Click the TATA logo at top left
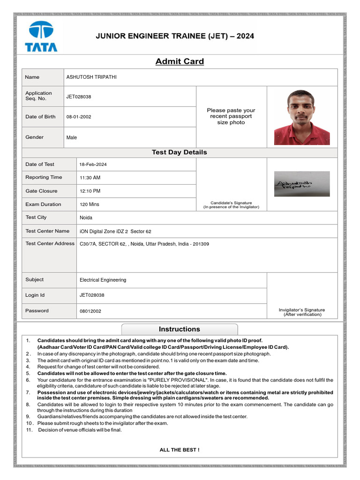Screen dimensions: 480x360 point(41,36)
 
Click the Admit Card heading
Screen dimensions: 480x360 point(180,61)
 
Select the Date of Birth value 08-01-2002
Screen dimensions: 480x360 point(79,117)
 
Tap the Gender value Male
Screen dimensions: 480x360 point(72,137)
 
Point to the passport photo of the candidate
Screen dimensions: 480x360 point(302,117)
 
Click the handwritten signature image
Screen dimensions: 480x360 point(302,184)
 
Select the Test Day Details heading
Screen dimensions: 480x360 point(180,152)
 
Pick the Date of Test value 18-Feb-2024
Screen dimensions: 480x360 point(93,165)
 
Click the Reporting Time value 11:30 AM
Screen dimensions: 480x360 point(90,178)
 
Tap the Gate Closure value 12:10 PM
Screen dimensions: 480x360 point(90,191)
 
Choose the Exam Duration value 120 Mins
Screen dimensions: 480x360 point(90,204)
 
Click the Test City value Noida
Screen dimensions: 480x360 point(86,217)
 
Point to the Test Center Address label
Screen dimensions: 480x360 point(50,243)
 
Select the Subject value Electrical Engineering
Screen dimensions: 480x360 point(103,280)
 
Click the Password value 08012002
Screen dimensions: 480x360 point(90,311)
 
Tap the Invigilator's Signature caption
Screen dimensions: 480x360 point(302,312)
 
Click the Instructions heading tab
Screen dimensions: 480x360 point(180,329)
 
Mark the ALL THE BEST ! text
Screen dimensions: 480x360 point(180,450)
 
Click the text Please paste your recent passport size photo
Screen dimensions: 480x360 point(231,116)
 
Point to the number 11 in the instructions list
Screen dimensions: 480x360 point(29,430)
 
